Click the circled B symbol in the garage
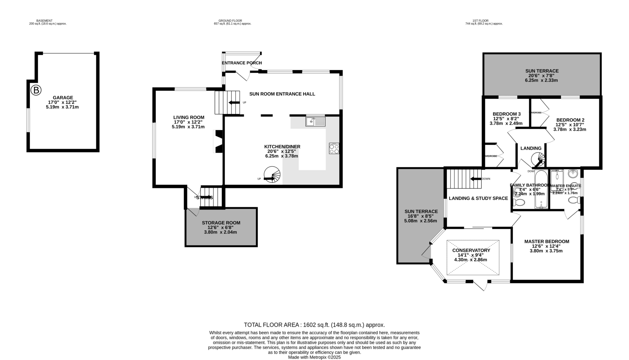click(x=36, y=90)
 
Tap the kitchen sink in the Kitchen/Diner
click(x=315, y=122)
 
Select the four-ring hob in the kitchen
click(x=334, y=148)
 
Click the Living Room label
click(x=189, y=117)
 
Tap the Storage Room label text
click(x=221, y=223)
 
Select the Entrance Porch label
click(x=242, y=63)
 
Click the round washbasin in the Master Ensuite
click(x=572, y=174)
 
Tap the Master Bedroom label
click(x=547, y=242)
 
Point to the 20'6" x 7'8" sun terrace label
click(x=541, y=76)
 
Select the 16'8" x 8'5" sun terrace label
click(x=421, y=216)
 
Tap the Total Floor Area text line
click(x=314, y=325)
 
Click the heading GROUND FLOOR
click(x=232, y=21)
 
